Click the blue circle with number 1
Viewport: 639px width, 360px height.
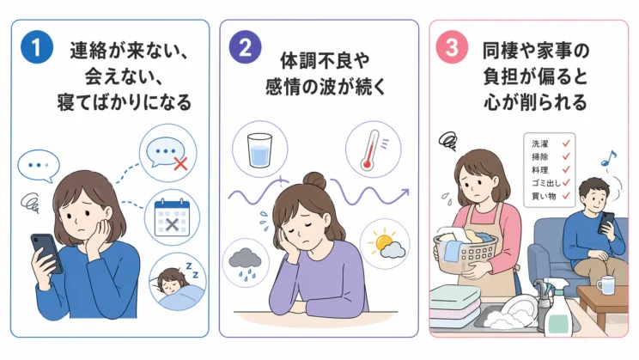[37, 47]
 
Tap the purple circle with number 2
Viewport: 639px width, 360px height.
[245, 47]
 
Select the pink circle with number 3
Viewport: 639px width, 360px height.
[452, 47]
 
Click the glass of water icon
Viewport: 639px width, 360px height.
[259, 149]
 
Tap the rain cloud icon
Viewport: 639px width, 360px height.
[245, 264]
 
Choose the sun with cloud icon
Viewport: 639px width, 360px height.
[386, 244]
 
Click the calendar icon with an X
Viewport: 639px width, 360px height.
[172, 218]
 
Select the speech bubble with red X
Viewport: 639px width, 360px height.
[167, 153]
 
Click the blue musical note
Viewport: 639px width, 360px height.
[609, 158]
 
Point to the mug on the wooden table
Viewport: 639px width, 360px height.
[606, 284]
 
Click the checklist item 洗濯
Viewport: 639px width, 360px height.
[539, 144]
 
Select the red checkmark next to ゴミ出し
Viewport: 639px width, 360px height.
[566, 182]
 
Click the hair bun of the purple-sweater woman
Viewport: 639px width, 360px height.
[314, 181]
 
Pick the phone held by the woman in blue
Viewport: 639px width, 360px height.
[47, 253]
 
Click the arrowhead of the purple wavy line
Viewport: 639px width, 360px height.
[405, 192]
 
